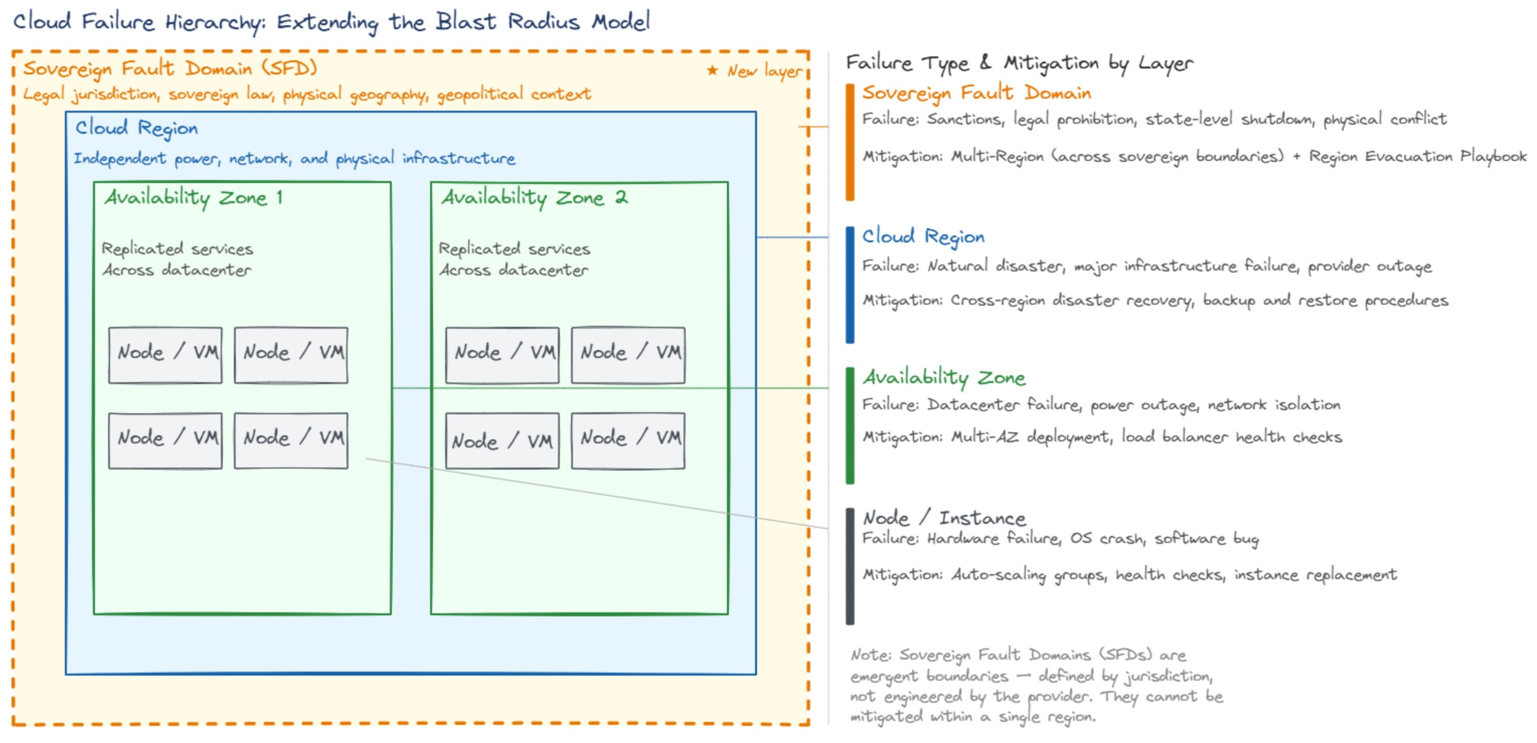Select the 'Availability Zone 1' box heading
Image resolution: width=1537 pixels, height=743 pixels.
[193, 197]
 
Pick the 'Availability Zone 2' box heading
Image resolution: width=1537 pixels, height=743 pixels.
[534, 197]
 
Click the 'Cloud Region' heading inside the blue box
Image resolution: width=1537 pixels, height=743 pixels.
[136, 128]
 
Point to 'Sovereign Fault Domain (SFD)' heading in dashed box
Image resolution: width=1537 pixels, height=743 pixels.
[170, 69]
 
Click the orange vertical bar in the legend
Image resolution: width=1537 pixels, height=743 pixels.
[849, 142]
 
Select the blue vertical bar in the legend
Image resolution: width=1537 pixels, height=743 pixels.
[849, 285]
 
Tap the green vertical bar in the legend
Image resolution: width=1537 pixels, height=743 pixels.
[849, 426]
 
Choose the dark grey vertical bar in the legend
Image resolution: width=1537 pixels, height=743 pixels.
[849, 566]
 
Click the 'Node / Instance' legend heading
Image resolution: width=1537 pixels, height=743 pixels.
[944, 518]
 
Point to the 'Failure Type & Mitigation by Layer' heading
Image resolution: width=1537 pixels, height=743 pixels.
[1019, 62]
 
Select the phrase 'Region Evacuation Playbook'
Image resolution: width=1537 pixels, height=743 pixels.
[1418, 156]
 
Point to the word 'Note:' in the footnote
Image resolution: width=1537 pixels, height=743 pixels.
[870, 655]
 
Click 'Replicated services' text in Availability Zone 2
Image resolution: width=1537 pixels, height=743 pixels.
[514, 249]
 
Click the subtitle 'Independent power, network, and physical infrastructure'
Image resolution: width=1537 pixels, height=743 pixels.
[294, 159]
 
